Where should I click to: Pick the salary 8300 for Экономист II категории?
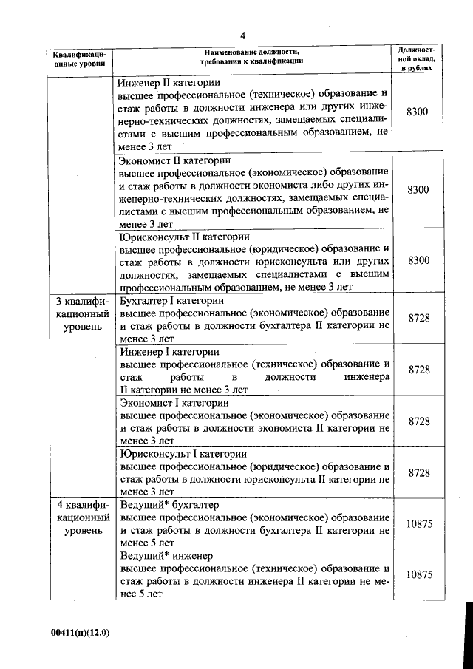pyautogui.click(x=418, y=189)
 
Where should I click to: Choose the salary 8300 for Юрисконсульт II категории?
pyautogui.click(x=418, y=260)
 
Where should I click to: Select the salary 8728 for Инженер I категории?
pyautogui.click(x=419, y=369)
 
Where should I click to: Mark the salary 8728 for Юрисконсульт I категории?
pyautogui.click(x=419, y=472)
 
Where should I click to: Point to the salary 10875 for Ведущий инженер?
pyautogui.click(x=419, y=574)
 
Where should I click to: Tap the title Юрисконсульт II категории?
pyautogui.click(x=184, y=238)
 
